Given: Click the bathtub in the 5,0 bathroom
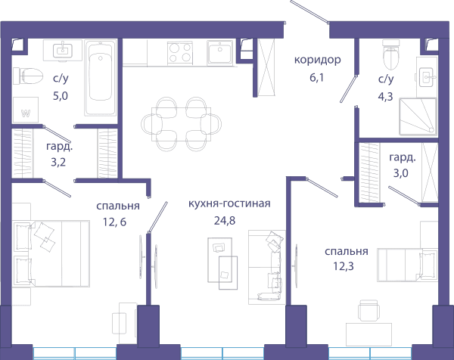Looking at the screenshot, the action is (x=101, y=78).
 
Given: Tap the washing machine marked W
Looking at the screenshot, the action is (x=26, y=110).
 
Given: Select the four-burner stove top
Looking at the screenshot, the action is (x=180, y=53).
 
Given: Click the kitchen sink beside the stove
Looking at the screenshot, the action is (x=220, y=53).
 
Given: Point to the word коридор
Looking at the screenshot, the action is (x=318, y=60).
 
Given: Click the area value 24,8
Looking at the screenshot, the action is (x=225, y=221).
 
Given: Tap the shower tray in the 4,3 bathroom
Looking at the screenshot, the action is (x=418, y=116).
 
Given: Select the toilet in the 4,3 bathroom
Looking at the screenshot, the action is (x=391, y=54).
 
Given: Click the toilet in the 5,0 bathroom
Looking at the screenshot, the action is (x=28, y=76).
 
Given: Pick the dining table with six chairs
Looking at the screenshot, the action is (x=182, y=124).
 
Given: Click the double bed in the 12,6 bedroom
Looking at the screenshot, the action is (x=51, y=254).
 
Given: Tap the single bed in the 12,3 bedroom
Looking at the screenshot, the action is (x=407, y=265).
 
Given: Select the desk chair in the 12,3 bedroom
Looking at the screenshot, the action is (x=368, y=311).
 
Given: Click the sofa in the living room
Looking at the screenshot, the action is (x=267, y=267).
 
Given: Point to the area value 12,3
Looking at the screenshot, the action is (x=344, y=266).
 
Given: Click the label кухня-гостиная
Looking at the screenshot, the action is (x=229, y=203).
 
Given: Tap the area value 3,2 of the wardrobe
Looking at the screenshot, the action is (x=58, y=163).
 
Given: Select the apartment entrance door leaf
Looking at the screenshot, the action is (x=309, y=11).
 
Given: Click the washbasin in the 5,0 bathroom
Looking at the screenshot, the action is (x=63, y=51).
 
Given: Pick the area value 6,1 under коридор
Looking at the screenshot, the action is (x=316, y=78).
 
